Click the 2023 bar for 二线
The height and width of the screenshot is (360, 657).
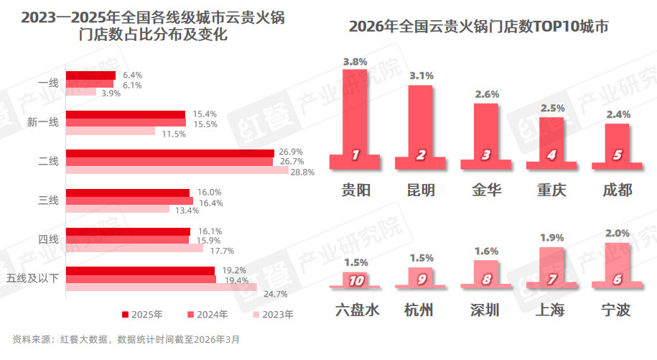(177, 170)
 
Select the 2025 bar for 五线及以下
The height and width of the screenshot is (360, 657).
(140, 271)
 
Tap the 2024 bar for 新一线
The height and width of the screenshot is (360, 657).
(126, 123)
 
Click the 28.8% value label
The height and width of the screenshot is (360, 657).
(302, 172)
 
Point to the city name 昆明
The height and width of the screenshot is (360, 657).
(421, 190)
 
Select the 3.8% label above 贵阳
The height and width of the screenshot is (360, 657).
(355, 62)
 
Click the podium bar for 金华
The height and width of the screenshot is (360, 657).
(485, 133)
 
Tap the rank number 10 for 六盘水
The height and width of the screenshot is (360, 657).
(355, 280)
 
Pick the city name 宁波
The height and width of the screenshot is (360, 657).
(617, 310)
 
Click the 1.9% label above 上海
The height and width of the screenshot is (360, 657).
(551, 238)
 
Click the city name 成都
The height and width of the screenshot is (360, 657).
(617, 190)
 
